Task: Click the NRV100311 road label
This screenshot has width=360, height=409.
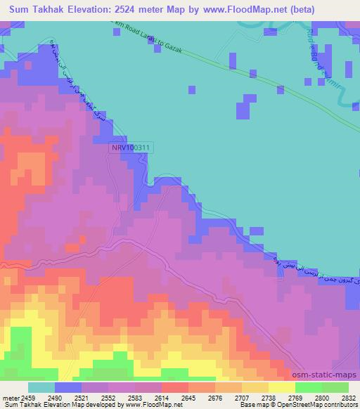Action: click(x=130, y=148)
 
